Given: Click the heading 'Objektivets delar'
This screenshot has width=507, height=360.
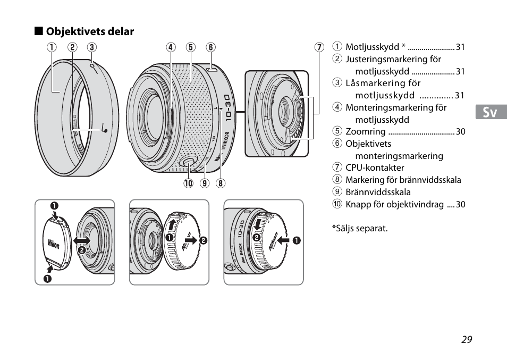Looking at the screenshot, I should pos(89,31).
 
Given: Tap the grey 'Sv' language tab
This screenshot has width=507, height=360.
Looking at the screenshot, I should pos(491,112).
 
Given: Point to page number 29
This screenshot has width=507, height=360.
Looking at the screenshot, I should pos(466,340).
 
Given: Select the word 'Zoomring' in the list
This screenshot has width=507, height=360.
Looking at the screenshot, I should pos(365,131).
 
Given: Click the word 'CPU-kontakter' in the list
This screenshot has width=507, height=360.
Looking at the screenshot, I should pos(375,168).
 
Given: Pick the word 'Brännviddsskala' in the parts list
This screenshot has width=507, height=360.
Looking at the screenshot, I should pos(378,192).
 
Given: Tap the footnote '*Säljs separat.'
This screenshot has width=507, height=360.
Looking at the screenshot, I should pos(360,229).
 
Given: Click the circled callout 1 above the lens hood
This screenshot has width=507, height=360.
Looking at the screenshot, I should pos(52,47).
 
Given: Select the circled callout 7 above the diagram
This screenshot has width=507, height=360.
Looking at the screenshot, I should pos(319,47).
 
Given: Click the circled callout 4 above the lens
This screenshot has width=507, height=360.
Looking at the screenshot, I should pos(171,47).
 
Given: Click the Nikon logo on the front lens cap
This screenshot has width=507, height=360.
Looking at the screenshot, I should pos(54,245).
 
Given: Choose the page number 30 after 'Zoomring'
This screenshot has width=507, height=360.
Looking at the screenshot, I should pos(460,131).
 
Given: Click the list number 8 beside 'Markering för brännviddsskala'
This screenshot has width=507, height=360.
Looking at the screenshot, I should pos(337,180).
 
